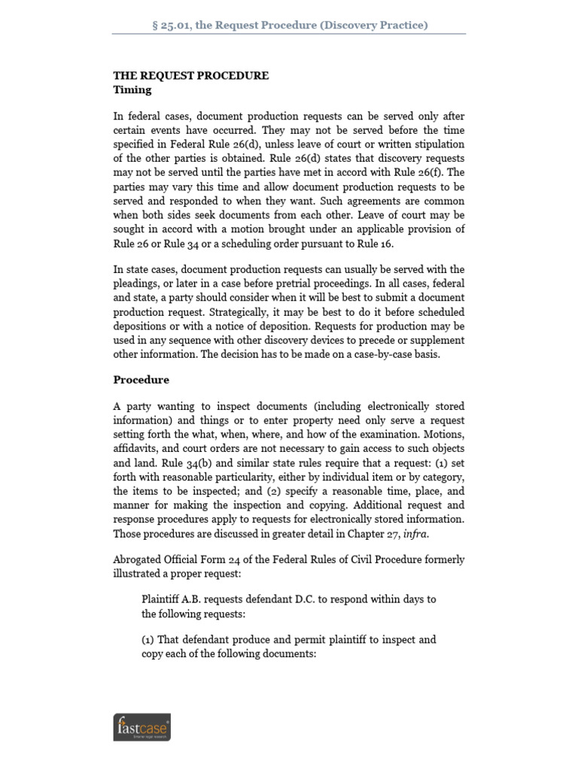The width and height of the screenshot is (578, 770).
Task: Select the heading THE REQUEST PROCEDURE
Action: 190,76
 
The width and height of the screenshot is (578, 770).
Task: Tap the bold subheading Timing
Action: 132,90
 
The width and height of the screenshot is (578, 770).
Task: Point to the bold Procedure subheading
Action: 141,380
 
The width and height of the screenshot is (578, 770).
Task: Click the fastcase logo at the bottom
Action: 141,727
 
